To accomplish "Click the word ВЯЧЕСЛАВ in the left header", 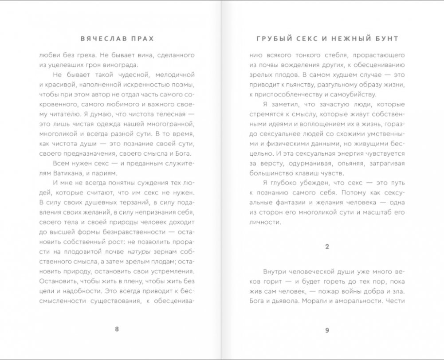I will pos(101,39).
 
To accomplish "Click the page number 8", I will pos(117,329).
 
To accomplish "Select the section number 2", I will pos(327,247).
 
